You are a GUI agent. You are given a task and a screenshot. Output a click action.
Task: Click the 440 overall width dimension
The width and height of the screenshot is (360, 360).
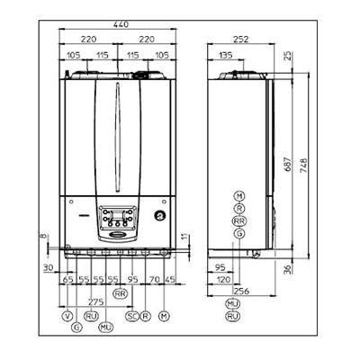pos(121,24)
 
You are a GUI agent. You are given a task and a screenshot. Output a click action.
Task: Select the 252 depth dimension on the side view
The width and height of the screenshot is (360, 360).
pos(241,40)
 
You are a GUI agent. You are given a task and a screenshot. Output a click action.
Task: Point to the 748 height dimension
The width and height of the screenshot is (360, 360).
pos(303,165)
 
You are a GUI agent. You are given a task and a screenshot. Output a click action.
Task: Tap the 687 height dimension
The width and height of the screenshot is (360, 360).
pos(288,164)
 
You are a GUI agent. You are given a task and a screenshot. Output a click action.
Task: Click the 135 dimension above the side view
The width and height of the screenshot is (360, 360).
pos(225,55)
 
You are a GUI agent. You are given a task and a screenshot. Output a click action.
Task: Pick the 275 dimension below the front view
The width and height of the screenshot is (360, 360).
pos(96,301)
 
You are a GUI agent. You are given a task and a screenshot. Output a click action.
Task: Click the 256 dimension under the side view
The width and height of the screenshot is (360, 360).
pos(241,291)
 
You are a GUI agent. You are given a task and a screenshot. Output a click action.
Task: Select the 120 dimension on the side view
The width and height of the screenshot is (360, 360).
pos(223,280)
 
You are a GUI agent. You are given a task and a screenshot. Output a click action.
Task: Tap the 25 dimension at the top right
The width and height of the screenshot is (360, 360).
pos(288,56)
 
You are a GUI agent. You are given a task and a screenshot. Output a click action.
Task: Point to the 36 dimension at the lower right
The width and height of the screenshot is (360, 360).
pos(288,269)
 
